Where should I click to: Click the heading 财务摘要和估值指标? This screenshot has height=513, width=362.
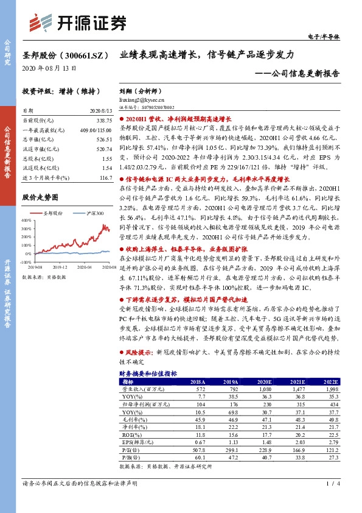[x=148, y=372]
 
